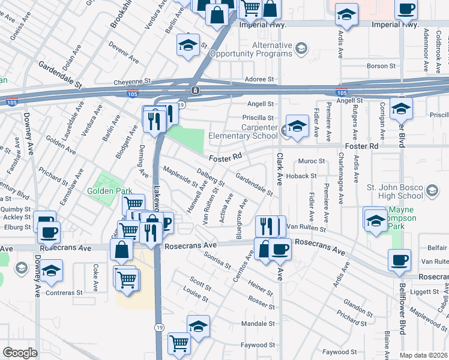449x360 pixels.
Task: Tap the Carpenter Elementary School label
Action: [243, 131]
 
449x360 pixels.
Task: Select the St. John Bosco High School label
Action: [394, 191]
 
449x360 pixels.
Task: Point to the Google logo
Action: [20, 353]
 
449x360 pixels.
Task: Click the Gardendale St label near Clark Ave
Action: [255, 184]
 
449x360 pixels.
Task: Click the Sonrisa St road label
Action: [217, 260]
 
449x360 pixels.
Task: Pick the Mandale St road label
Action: [258, 323]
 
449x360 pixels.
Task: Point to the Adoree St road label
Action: [259, 79]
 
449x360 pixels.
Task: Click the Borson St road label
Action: [378, 65]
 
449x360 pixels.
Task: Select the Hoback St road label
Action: [301, 176]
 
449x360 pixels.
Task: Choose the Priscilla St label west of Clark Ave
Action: [258, 118]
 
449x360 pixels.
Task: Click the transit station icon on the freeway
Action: [195, 91]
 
